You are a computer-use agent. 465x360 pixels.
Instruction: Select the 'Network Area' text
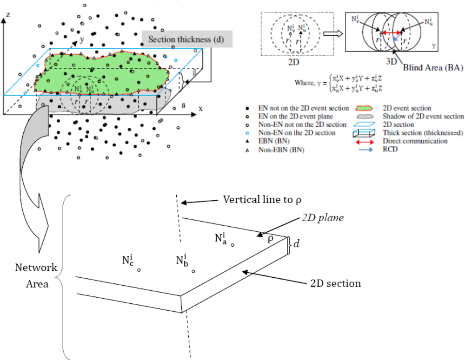pyautogui.click(x=36, y=275)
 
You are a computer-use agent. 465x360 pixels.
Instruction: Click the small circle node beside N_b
pyautogui.click(x=193, y=271)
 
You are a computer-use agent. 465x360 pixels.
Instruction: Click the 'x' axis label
pyautogui.click(x=201, y=108)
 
